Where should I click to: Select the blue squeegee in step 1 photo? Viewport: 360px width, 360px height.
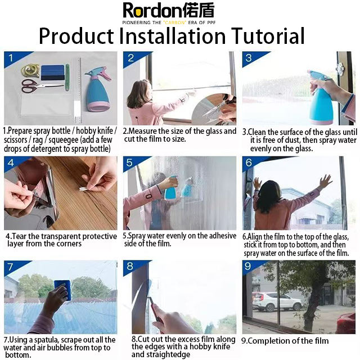coord(53,73)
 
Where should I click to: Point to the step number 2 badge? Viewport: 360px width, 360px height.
coord(131,58)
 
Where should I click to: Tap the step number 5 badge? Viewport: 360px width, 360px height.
coord(129,163)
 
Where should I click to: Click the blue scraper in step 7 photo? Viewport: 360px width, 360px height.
coord(62,290)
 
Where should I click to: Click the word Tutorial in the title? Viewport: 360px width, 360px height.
coord(268,36)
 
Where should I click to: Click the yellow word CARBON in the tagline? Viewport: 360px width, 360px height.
coord(175,22)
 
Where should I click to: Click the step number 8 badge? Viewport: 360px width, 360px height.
coord(130,266)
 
